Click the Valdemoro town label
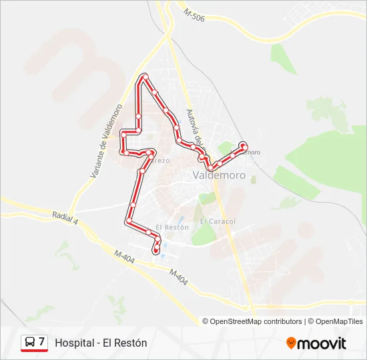click(218, 176)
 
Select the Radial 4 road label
click(65, 217)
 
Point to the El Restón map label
click(172, 227)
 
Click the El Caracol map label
click(218, 221)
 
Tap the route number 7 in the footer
click(42, 342)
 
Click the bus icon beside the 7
click(30, 343)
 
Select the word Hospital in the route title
click(74, 343)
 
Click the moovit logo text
click(322, 343)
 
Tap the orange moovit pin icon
click(291, 343)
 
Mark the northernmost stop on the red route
click(144, 77)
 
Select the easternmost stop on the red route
click(244, 145)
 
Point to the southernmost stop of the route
click(156, 251)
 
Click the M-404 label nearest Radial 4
click(124, 256)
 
